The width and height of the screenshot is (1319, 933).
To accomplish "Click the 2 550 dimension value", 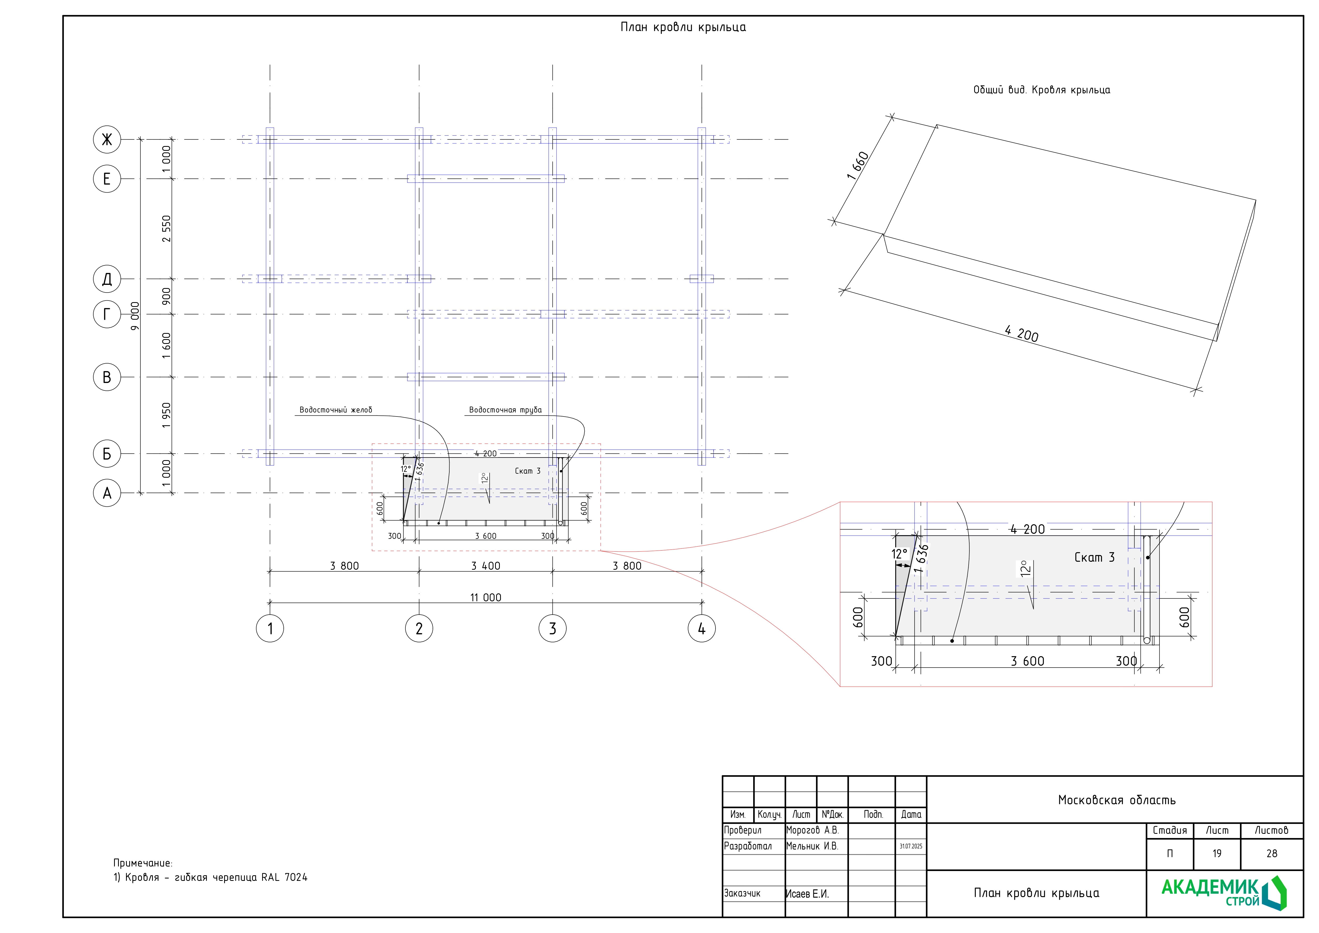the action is pyautogui.click(x=167, y=229).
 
